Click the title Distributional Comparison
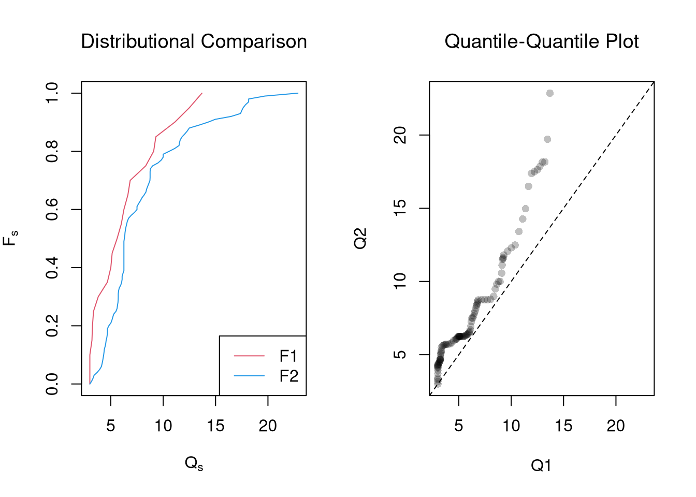tap(194, 41)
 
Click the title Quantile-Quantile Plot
tap(541, 41)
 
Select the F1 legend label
tap(288, 356)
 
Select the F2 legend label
tap(288, 376)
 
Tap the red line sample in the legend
tap(249, 356)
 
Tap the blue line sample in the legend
tap(249, 376)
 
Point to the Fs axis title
tap(10, 239)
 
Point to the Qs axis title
tap(194, 463)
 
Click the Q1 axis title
tap(541, 466)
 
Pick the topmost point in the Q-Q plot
tap(550, 93)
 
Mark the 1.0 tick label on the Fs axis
tap(52, 93)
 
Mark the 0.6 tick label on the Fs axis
tap(52, 210)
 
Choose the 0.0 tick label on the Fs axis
tap(52, 384)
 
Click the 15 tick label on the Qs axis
tap(215, 426)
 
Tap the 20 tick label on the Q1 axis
tap(616, 426)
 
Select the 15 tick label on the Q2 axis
tap(400, 208)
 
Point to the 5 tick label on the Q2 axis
tap(400, 355)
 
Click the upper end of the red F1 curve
tap(202, 93)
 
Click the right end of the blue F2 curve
tap(298, 93)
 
